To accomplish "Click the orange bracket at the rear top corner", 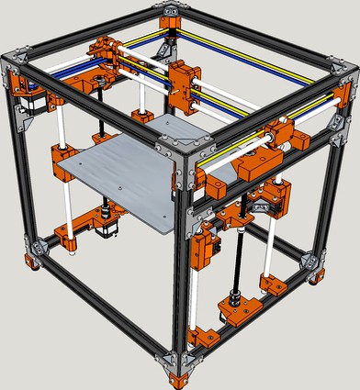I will pos(172,14).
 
